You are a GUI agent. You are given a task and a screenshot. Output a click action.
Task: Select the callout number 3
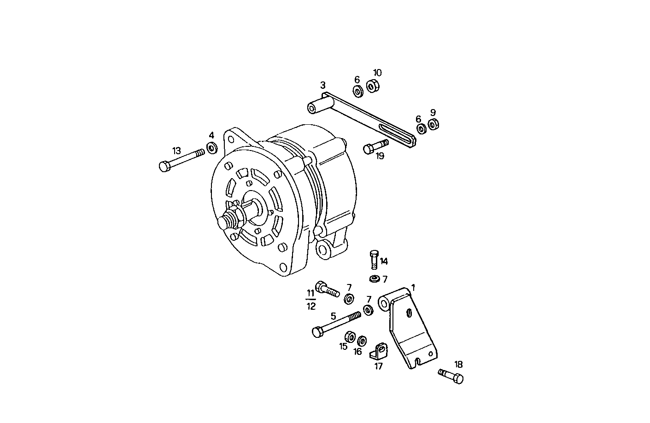[x=323, y=85]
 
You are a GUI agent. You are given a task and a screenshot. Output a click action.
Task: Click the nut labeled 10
[x=373, y=86]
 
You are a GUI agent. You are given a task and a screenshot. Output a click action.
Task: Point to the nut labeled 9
[x=433, y=125]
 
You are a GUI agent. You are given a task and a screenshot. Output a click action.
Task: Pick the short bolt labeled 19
[x=375, y=146]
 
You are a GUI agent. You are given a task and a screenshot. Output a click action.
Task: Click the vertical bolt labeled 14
[x=374, y=259]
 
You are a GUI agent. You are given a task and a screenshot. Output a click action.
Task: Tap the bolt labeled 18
[x=451, y=376]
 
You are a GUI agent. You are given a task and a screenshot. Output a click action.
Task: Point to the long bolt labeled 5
[x=336, y=324]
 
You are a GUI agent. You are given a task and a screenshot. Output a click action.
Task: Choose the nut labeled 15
[x=350, y=337]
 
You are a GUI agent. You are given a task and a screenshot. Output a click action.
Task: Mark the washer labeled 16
[x=362, y=341]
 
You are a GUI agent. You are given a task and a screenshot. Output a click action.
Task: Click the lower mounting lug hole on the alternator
[x=324, y=249]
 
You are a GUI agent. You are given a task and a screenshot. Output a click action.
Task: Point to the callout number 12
[x=311, y=307]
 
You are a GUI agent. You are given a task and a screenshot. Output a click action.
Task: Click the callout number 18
[x=458, y=364]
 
